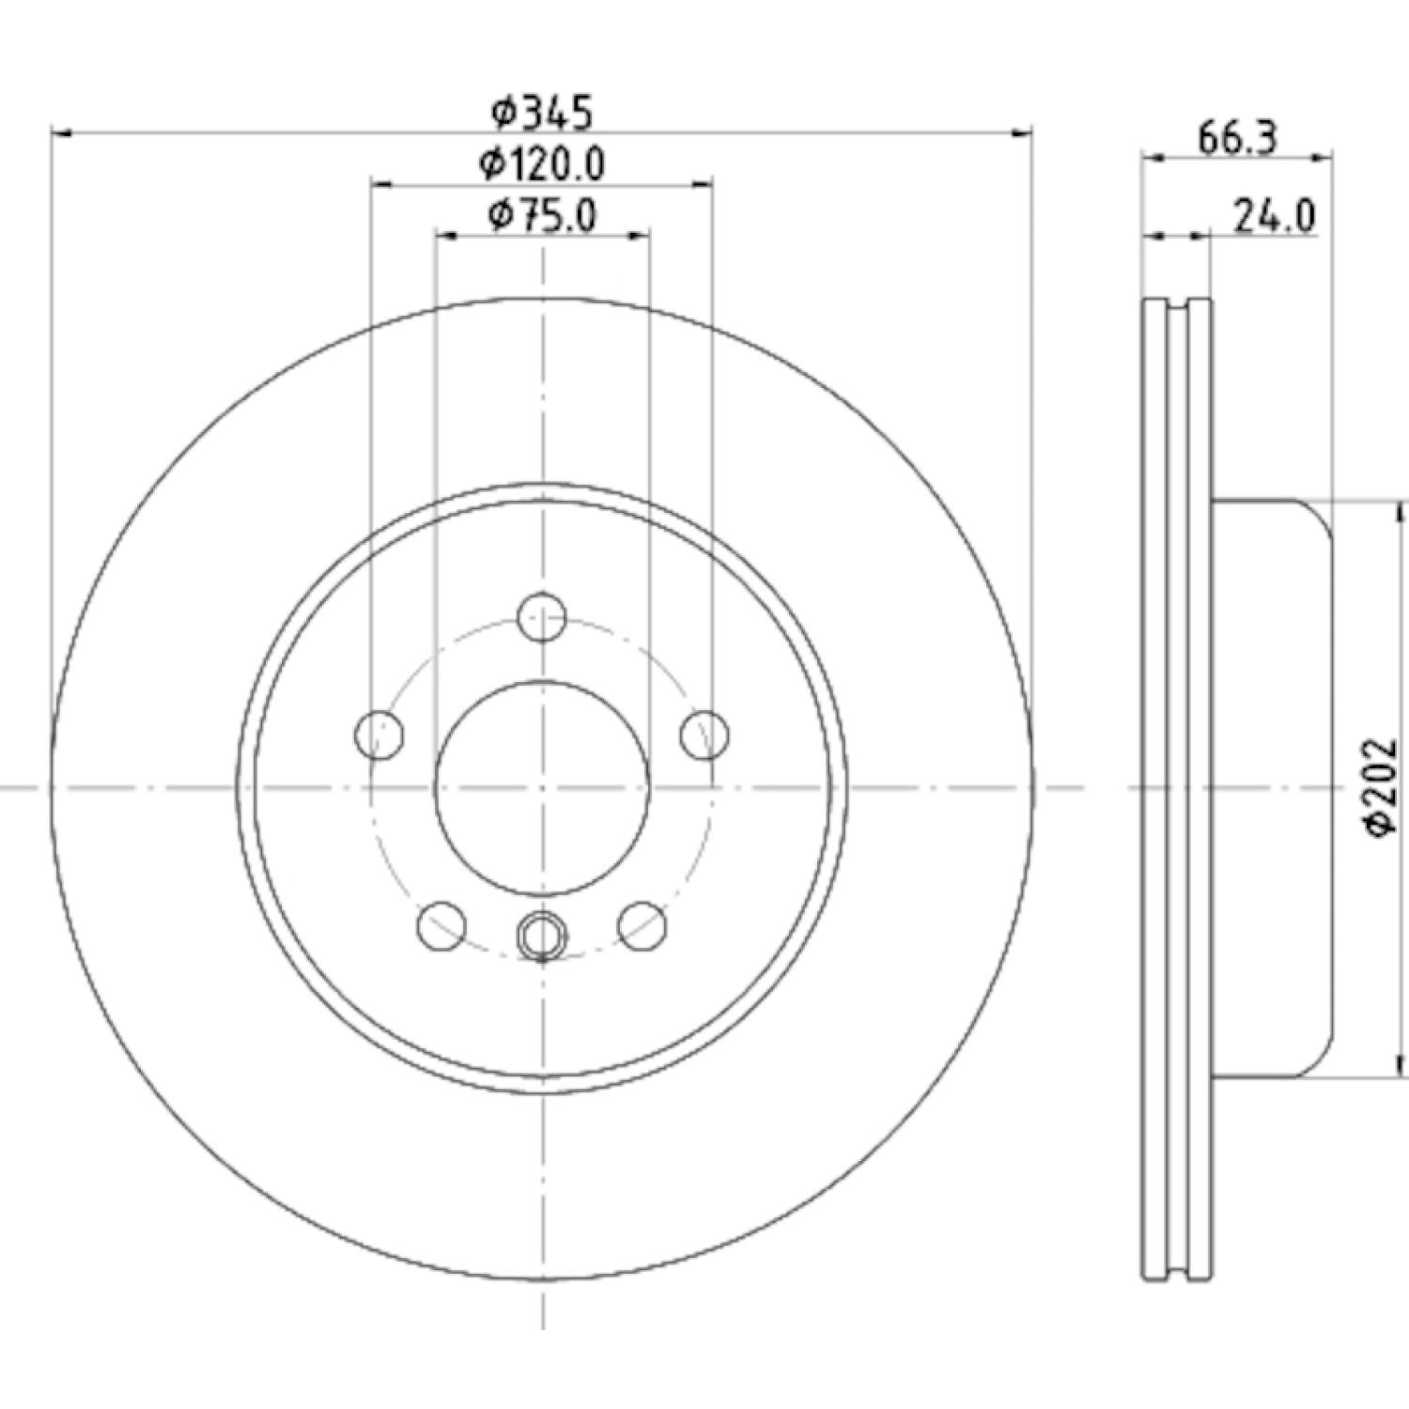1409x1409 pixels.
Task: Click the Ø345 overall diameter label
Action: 543,113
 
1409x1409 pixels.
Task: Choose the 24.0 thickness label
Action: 1274,216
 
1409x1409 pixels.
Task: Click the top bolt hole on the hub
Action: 542,617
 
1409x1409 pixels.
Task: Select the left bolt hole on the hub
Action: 379,735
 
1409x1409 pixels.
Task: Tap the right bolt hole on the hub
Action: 704,735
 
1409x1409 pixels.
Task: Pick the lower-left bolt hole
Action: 441,925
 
